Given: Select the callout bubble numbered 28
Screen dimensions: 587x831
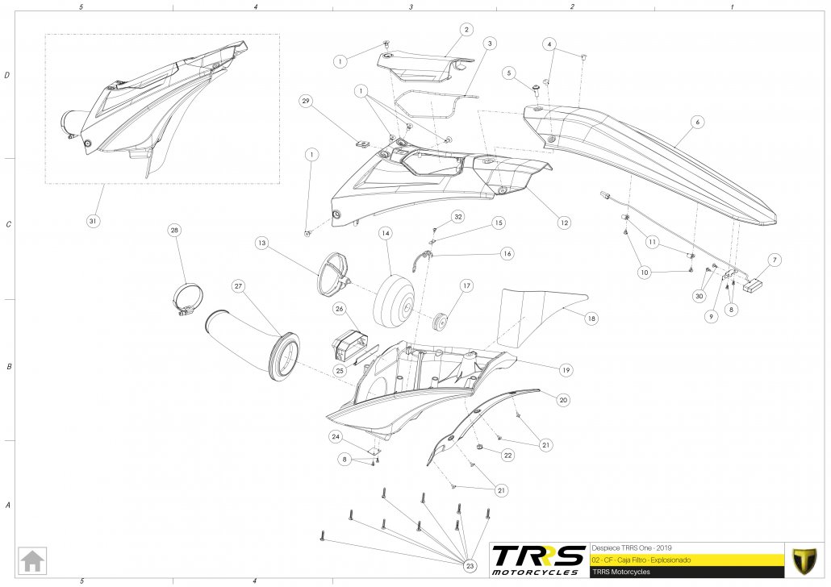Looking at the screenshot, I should click(x=174, y=230).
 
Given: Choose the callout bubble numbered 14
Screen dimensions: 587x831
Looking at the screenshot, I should click(x=386, y=233).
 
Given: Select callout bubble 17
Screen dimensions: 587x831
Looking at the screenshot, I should click(x=466, y=285).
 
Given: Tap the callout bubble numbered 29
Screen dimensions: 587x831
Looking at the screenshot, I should click(x=305, y=101).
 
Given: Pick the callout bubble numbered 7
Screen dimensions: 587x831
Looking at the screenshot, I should click(x=774, y=260).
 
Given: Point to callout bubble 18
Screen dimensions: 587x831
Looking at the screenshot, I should click(x=591, y=318).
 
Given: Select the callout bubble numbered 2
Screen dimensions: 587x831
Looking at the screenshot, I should click(x=466, y=29).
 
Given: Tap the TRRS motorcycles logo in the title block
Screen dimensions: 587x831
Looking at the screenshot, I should click(x=539, y=559).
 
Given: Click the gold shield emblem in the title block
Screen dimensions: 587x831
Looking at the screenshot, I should click(x=804, y=559).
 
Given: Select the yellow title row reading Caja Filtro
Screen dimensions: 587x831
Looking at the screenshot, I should click(x=686, y=559).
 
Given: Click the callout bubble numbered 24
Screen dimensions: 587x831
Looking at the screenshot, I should click(x=336, y=436).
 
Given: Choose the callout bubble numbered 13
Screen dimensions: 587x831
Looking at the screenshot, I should click(x=261, y=242).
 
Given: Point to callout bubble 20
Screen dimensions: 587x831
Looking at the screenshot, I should click(x=563, y=398).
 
